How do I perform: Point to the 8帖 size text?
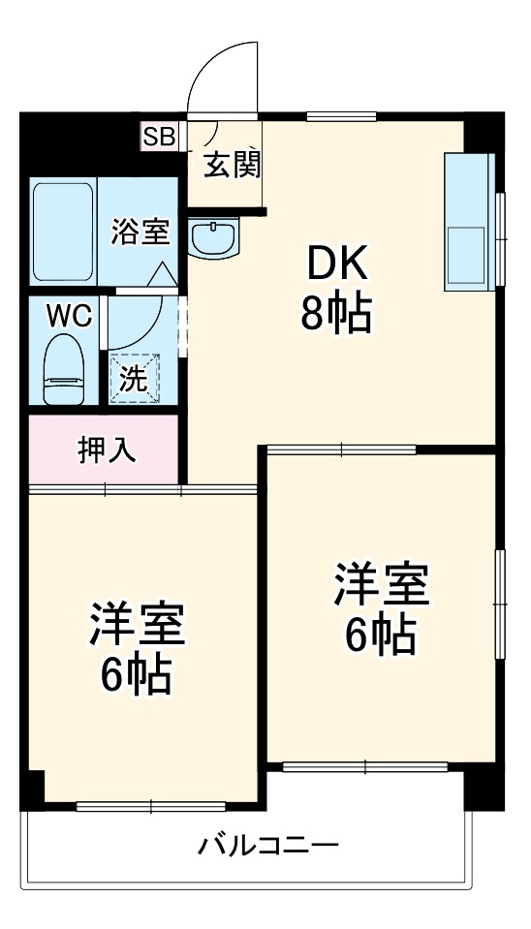click(335, 312)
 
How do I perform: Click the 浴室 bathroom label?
click(141, 232)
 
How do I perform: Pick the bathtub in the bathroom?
click(63, 231)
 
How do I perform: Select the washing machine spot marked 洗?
click(133, 376)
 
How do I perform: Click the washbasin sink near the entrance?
click(214, 237)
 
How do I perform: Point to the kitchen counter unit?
click(469, 221)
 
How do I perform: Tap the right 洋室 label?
click(381, 584)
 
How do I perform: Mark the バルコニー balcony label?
click(268, 846)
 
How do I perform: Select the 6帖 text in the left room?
click(137, 675)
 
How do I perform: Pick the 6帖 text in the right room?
click(381, 635)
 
